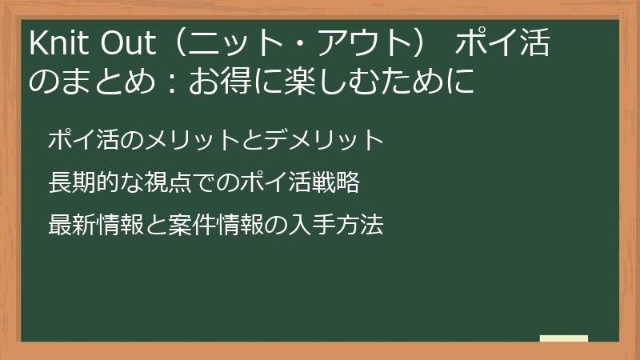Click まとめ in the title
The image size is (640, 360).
107,82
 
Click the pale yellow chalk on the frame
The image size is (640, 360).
563,338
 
